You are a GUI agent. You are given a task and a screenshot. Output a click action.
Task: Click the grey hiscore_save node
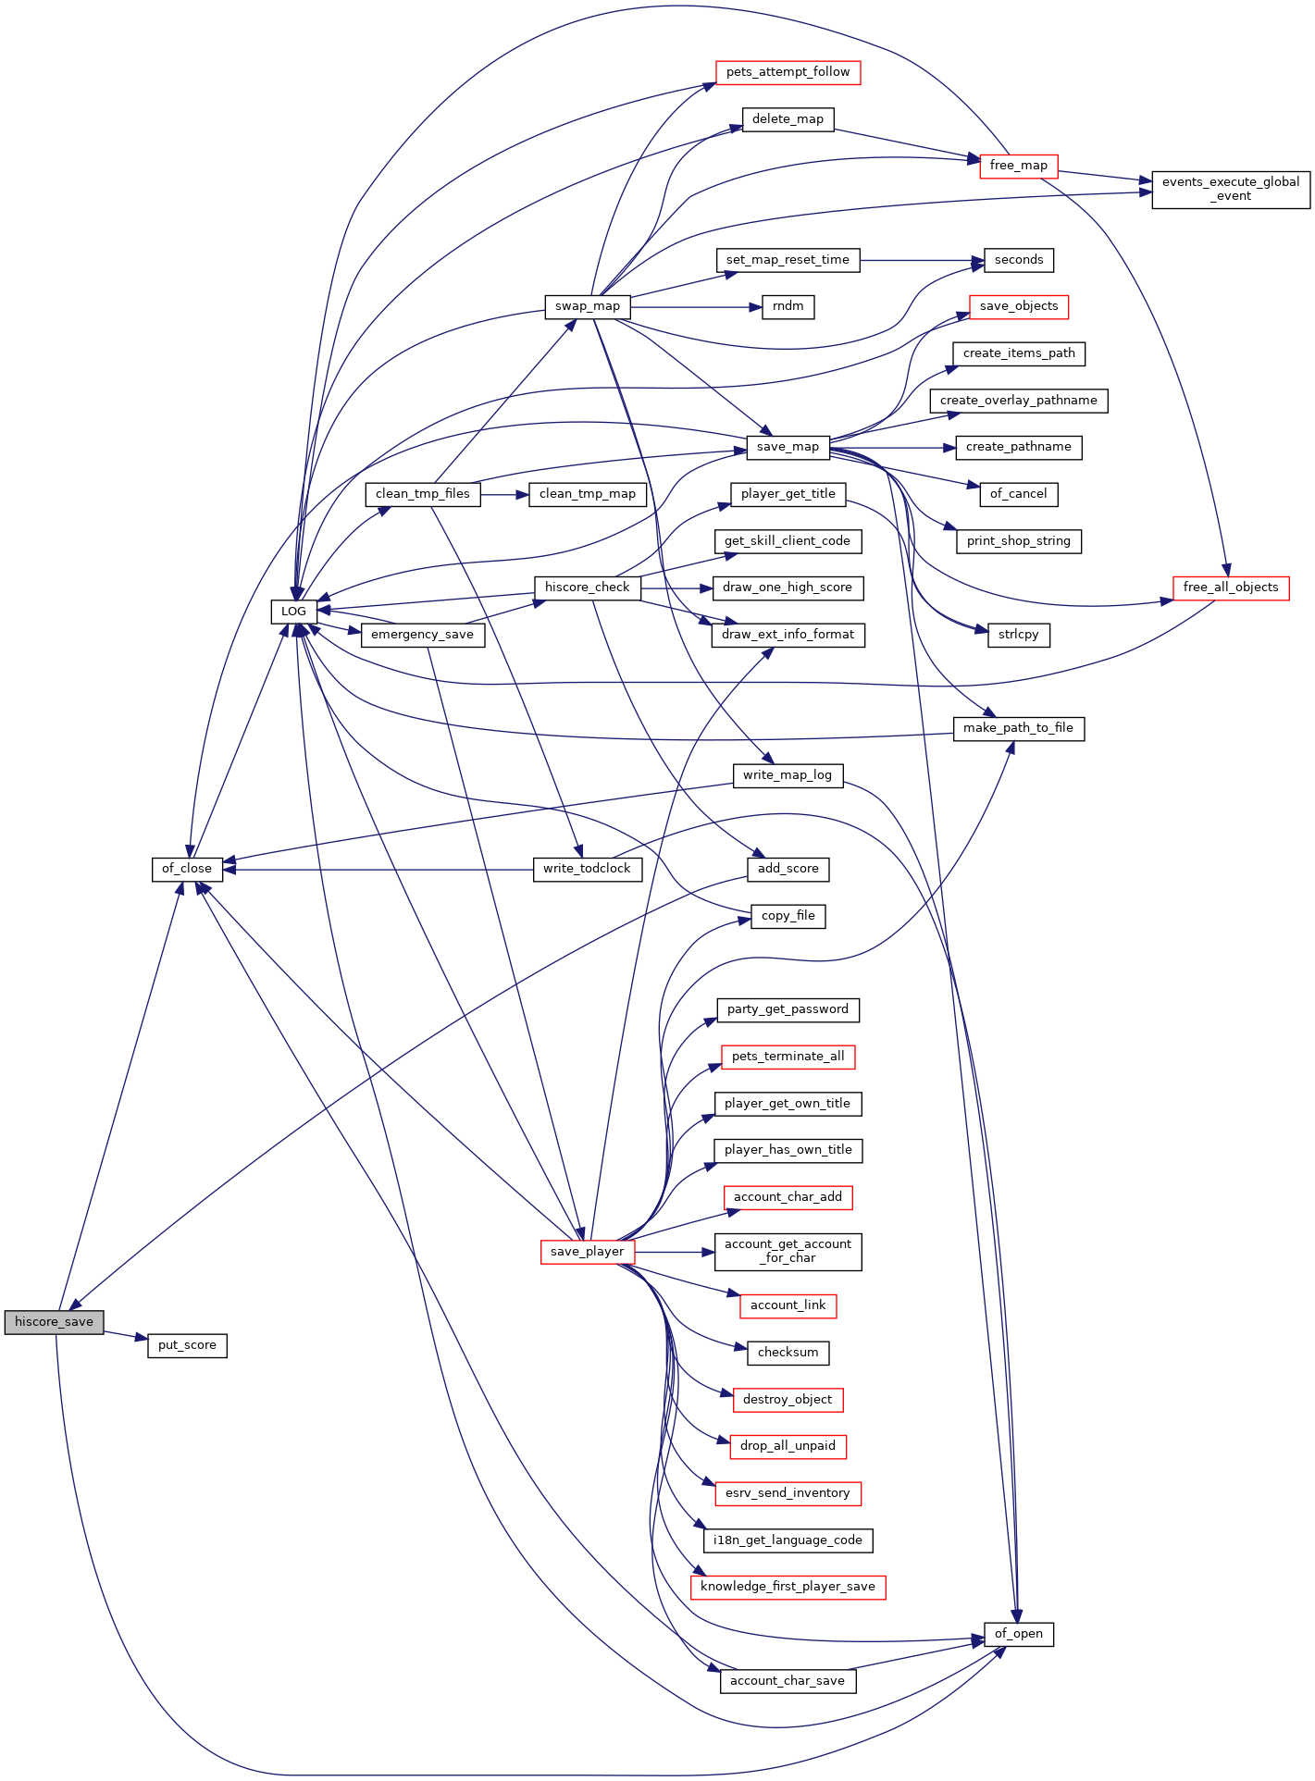[54, 1322]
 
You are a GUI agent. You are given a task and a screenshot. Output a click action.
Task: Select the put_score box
[187, 1345]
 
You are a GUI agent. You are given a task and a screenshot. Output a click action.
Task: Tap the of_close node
[187, 869]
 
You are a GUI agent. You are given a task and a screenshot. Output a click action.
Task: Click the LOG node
[293, 612]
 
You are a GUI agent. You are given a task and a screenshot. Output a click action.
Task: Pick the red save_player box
[588, 1252]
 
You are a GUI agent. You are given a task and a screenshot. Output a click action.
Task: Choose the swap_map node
[588, 306]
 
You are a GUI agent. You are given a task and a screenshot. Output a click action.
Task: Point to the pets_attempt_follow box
[788, 72]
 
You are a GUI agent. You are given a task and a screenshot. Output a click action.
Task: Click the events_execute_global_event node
[1231, 189]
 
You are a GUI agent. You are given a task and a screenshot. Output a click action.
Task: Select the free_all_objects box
[1231, 587]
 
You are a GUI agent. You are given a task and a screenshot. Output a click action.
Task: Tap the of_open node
[1019, 1634]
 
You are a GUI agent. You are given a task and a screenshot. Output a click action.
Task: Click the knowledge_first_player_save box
[788, 1587]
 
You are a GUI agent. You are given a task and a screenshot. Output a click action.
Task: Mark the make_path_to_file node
[1019, 728]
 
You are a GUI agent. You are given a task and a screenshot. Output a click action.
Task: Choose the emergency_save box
[423, 635]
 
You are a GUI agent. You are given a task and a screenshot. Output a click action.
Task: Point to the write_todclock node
[588, 869]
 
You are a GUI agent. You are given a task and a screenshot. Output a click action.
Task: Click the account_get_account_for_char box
[788, 1252]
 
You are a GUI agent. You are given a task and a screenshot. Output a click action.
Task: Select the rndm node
[788, 306]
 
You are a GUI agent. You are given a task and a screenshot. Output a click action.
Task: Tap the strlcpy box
[1019, 635]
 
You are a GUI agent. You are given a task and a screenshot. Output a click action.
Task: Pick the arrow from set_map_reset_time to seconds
[922, 260]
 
